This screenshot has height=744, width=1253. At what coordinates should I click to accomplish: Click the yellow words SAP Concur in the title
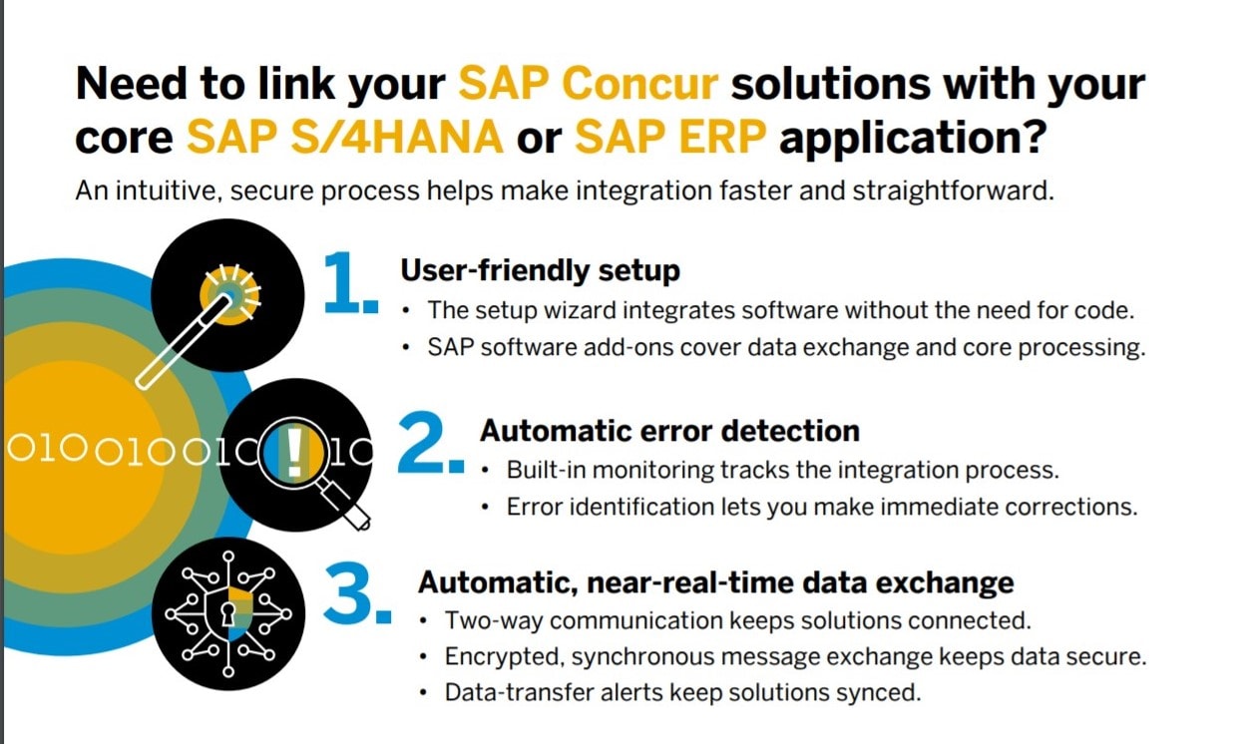(589, 84)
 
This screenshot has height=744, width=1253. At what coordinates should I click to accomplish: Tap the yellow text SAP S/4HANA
(345, 137)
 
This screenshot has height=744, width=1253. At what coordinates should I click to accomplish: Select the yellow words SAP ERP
(670, 137)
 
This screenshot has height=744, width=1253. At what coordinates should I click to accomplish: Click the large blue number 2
(431, 444)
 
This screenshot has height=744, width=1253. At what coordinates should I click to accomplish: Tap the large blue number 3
(358, 593)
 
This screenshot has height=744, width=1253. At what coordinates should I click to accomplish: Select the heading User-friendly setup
(541, 270)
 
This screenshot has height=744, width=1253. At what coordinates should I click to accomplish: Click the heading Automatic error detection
(669, 431)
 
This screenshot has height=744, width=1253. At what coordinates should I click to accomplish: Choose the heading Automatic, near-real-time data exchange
(716, 582)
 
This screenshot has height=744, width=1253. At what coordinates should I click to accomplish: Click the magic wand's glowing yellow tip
(230, 295)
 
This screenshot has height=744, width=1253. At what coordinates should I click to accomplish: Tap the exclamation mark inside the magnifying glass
(294, 452)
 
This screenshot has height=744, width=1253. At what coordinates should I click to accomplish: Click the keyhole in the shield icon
(227, 613)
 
